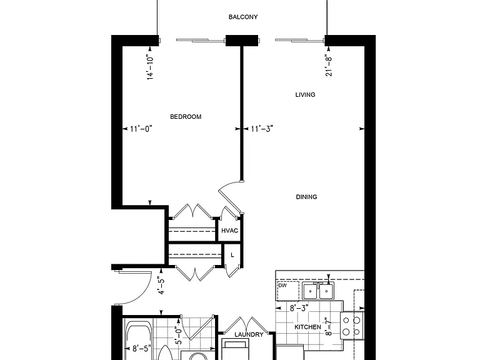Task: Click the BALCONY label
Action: click(x=243, y=17)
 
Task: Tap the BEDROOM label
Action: click(x=186, y=117)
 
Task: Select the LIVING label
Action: click(x=305, y=95)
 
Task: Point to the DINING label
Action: click(x=306, y=197)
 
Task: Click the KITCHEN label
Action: click(x=307, y=327)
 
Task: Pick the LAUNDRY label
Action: click(x=249, y=334)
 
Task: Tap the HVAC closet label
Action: click(x=229, y=231)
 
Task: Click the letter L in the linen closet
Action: click(x=232, y=255)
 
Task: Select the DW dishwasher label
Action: click(x=282, y=285)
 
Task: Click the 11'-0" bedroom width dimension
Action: click(x=141, y=129)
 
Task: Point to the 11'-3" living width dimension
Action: click(x=262, y=129)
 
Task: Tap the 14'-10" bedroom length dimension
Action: click(x=150, y=67)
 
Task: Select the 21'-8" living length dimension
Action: click(x=329, y=66)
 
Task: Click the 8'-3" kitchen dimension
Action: click(x=299, y=308)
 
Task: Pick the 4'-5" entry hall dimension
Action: click(x=161, y=285)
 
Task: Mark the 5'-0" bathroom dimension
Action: click(x=179, y=335)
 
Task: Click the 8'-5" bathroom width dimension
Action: click(x=142, y=348)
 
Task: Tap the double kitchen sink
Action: click(x=318, y=291)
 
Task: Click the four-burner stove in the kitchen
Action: click(x=352, y=326)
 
